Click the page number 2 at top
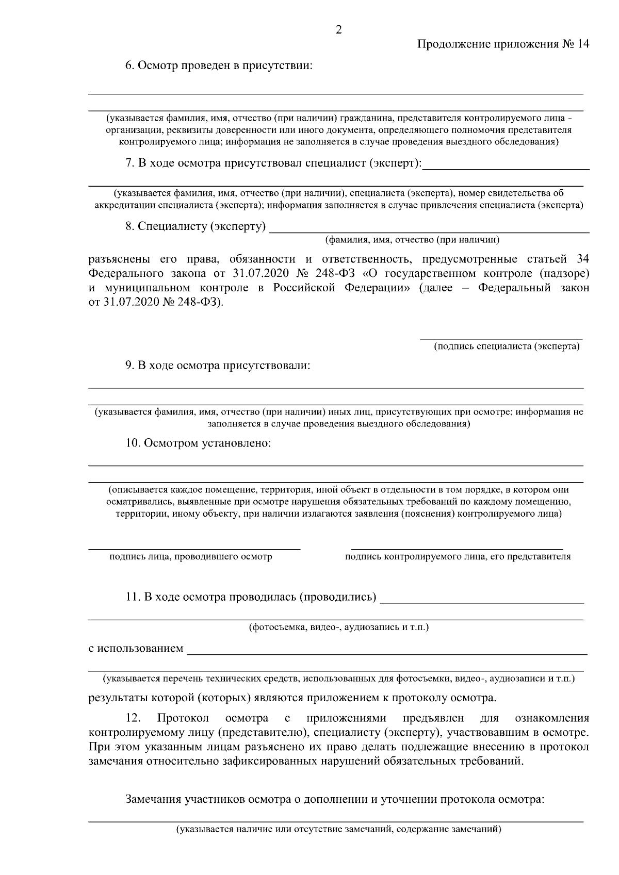point(338,30)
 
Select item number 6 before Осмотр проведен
point(129,66)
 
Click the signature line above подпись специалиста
point(501,338)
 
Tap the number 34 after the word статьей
point(582,258)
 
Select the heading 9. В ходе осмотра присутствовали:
point(218,366)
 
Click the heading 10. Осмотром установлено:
point(198,443)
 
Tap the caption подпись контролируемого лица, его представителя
point(458,556)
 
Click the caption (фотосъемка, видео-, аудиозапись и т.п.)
point(338,627)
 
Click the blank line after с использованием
point(387,653)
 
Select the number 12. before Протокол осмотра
point(133,718)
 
